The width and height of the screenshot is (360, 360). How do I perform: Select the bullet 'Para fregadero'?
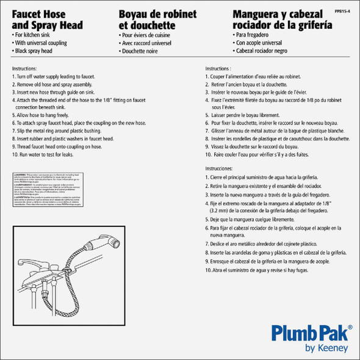(251, 35)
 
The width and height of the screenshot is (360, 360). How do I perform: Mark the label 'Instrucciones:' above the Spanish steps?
(220, 167)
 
